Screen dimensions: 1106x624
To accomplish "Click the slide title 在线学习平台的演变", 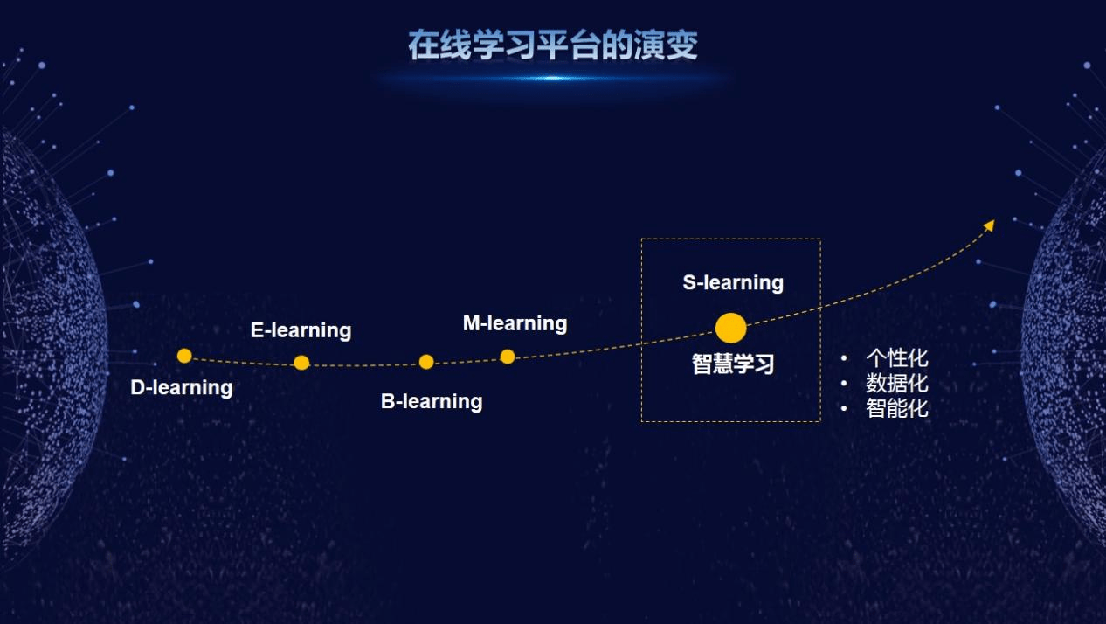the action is (553, 45).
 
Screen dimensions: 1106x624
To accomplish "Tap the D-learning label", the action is (181, 387).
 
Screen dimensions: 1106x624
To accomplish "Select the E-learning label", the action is (301, 330).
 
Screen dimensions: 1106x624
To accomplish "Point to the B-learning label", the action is (432, 401).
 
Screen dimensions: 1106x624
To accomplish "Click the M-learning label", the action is (515, 323).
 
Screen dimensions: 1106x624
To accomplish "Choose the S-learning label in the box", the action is (733, 282).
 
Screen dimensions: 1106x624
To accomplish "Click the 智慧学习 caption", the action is (733, 364).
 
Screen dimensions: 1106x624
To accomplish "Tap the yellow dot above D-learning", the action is (184, 356).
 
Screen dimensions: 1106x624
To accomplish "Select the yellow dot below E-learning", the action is (301, 363).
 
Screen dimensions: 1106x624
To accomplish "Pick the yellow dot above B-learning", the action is (426, 362).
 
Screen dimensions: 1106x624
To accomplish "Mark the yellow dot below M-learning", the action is (508, 357).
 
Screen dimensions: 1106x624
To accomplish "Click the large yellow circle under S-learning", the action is (730, 328).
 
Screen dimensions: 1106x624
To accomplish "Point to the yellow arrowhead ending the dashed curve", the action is (990, 225).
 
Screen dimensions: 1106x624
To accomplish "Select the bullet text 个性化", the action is (896, 358).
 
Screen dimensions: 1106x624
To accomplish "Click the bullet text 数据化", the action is (896, 384).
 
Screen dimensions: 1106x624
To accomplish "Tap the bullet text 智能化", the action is (896, 409).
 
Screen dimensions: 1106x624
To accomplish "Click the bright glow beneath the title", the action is (553, 78).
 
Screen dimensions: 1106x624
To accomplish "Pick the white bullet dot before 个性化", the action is (844, 358).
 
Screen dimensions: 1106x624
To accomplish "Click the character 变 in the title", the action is (682, 45).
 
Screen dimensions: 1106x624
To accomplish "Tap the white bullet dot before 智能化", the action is (844, 408).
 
